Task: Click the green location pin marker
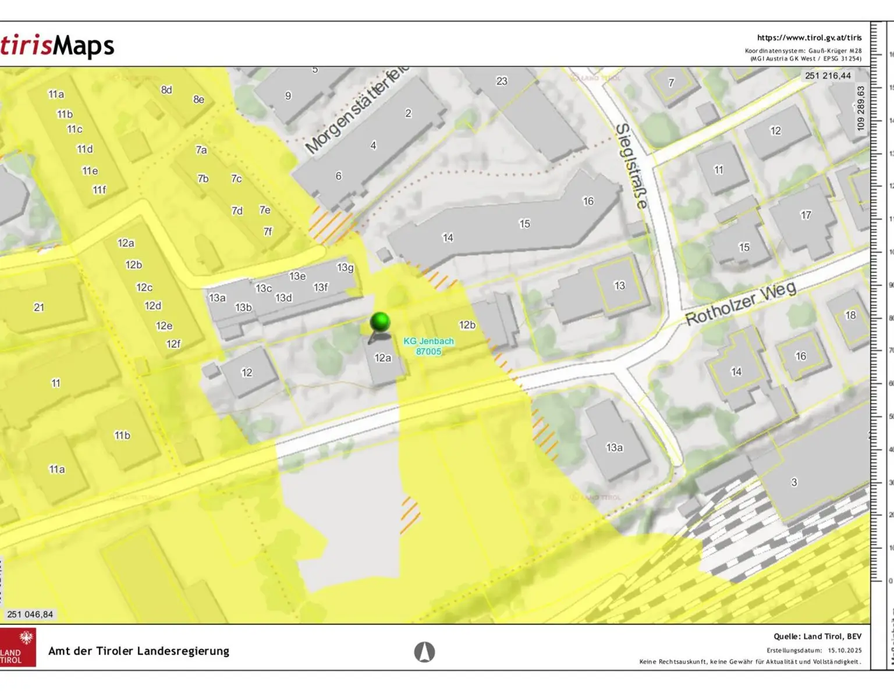click(380, 322)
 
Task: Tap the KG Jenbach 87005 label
click(428, 346)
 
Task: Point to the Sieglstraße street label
click(631, 166)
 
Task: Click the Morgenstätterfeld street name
click(356, 111)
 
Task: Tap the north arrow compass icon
click(424, 651)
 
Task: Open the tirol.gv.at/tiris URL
click(809, 38)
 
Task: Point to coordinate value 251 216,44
click(828, 76)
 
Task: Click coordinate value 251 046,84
click(30, 614)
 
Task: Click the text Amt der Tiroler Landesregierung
click(139, 651)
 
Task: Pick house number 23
click(502, 81)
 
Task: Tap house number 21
click(39, 307)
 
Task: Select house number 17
click(806, 215)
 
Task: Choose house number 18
click(850, 315)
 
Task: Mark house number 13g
click(345, 268)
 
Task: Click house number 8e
click(199, 99)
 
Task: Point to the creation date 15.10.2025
click(845, 650)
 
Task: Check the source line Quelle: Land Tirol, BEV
click(817, 636)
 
